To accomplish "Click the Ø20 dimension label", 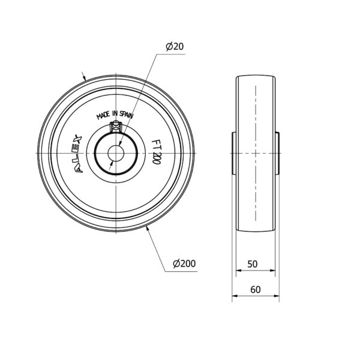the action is pos(175,47).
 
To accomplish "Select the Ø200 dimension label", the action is pos(184,263).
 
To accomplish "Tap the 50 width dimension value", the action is pos(253,264).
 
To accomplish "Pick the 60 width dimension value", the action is pos(256,290).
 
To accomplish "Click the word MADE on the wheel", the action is pos(103,115).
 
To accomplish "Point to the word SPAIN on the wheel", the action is pos(126,115).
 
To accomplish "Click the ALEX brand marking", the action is pos(78,153).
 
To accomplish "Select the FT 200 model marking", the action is pos(156,152).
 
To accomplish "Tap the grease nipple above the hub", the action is pos(116,127).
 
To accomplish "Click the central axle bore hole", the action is pos(116,153).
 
